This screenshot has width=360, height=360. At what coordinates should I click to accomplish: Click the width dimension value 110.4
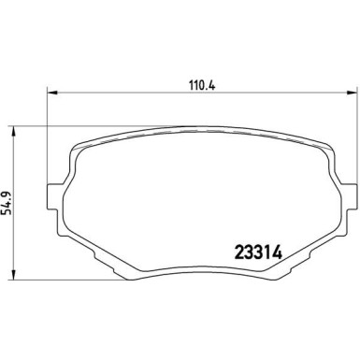click(195, 79)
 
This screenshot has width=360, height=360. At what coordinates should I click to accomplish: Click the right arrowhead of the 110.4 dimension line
click(349, 93)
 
